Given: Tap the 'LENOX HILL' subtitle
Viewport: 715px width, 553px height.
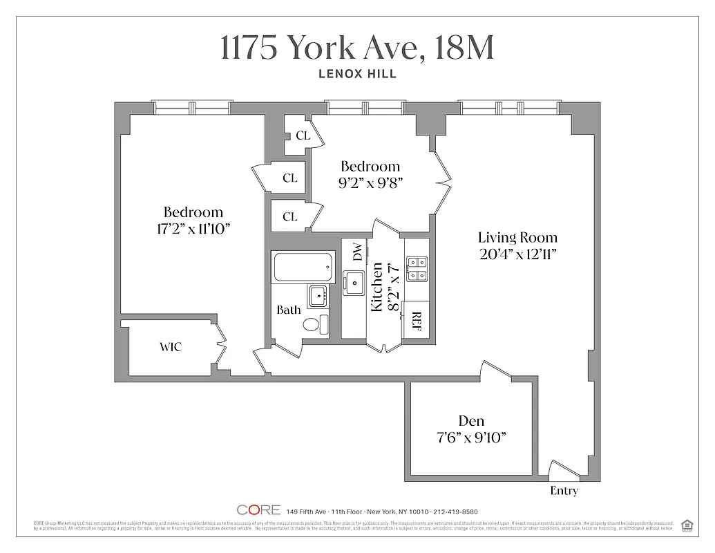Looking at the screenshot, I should [357, 74].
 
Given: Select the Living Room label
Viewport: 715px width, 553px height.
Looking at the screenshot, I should [517, 238].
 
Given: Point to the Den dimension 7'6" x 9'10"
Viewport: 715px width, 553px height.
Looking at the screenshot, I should [471, 437].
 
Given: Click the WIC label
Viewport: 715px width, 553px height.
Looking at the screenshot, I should [171, 347].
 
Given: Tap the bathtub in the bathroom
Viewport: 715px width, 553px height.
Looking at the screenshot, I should [304, 267].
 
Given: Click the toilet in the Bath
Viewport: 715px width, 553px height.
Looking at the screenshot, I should [312, 325].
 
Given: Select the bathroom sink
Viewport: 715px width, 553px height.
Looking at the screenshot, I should [318, 295].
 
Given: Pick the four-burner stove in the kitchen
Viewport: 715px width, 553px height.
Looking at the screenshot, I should [416, 268].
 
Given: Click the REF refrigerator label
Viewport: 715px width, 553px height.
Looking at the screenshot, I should [416, 321].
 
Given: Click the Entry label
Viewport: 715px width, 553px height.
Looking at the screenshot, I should [564, 491].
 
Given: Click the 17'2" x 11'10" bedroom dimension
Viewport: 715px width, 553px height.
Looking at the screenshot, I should [193, 229].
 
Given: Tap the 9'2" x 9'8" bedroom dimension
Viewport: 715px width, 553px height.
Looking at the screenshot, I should [370, 183].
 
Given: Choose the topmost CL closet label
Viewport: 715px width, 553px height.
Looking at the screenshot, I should [303, 135].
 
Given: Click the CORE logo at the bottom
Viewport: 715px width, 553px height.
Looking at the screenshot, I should [258, 510].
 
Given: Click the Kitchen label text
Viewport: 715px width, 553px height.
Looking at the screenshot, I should [377, 287].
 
